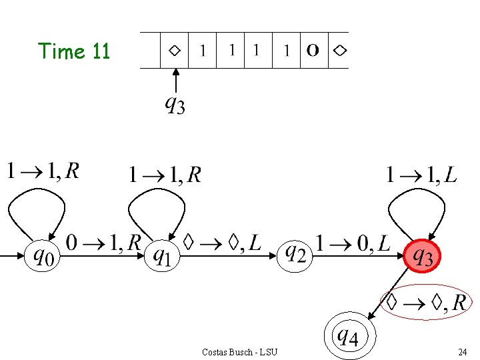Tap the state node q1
[162, 255]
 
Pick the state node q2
[295, 253]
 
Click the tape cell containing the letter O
[313, 51]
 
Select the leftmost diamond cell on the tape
[175, 51]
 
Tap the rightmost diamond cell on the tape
[339, 51]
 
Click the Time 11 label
[73, 51]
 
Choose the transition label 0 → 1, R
[103, 243]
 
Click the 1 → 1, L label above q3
[421, 175]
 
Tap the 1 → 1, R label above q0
[43, 171]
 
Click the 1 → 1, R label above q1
[165, 175]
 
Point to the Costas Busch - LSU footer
[239, 351]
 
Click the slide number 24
[462, 351]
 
